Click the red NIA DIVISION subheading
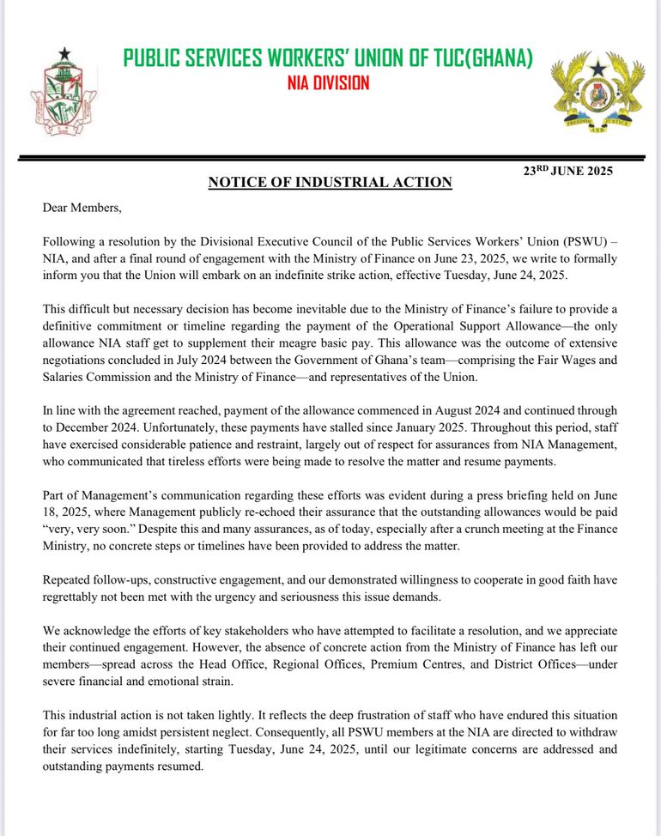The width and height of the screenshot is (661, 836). [328, 83]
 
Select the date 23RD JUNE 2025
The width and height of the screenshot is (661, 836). [568, 171]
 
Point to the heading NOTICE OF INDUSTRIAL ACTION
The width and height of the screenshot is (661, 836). [330, 183]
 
